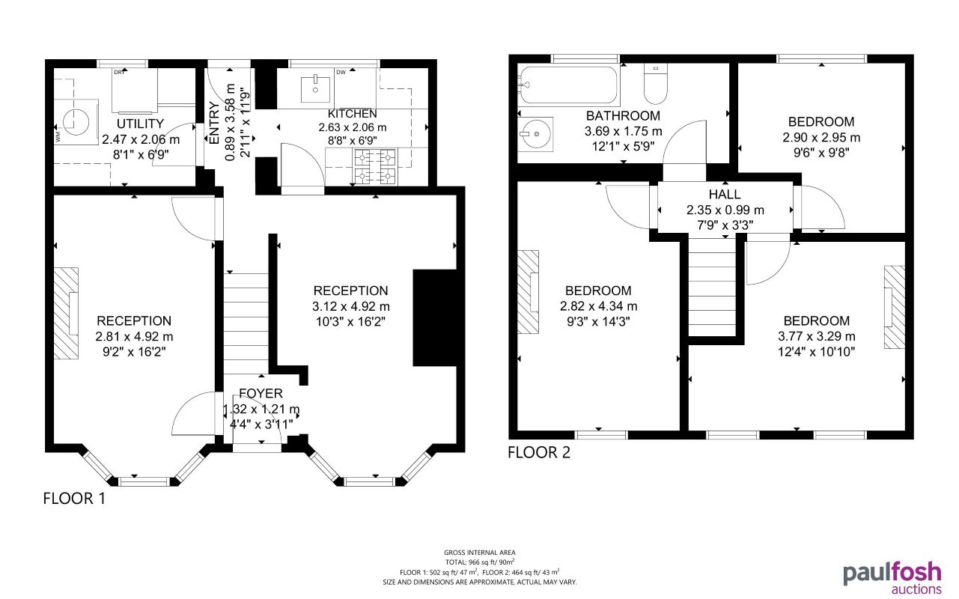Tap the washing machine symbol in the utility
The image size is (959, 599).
coord(73,121)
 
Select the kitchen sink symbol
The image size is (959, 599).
coord(315,88)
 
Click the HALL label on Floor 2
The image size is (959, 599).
coord(725,195)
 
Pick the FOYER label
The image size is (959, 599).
coord(261,394)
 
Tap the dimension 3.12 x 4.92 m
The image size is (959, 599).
coord(351,306)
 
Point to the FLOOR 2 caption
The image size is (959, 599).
coord(538,452)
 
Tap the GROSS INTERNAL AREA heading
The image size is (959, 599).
coord(479,553)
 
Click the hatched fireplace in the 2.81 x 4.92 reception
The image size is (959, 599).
coord(66,312)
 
